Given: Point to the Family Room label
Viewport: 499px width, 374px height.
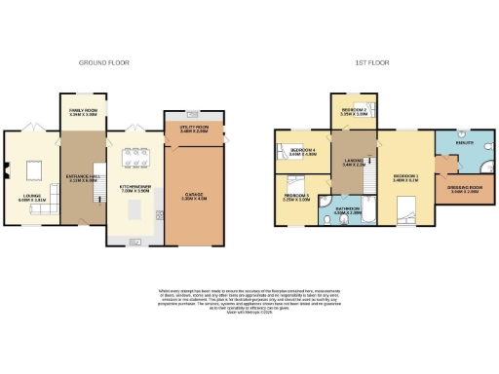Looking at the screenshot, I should click(82, 113).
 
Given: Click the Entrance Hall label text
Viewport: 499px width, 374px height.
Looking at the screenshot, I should click(82, 177).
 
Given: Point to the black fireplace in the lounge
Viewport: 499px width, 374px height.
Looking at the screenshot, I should click(6, 176).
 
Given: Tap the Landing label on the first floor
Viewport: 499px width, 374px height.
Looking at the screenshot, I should click(353, 163).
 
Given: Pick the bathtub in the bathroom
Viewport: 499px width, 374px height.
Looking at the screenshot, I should click(350, 218).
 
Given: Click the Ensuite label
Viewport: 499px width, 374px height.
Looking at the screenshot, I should click(465, 142).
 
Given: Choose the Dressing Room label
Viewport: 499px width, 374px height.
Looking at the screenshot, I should click(465, 189).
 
